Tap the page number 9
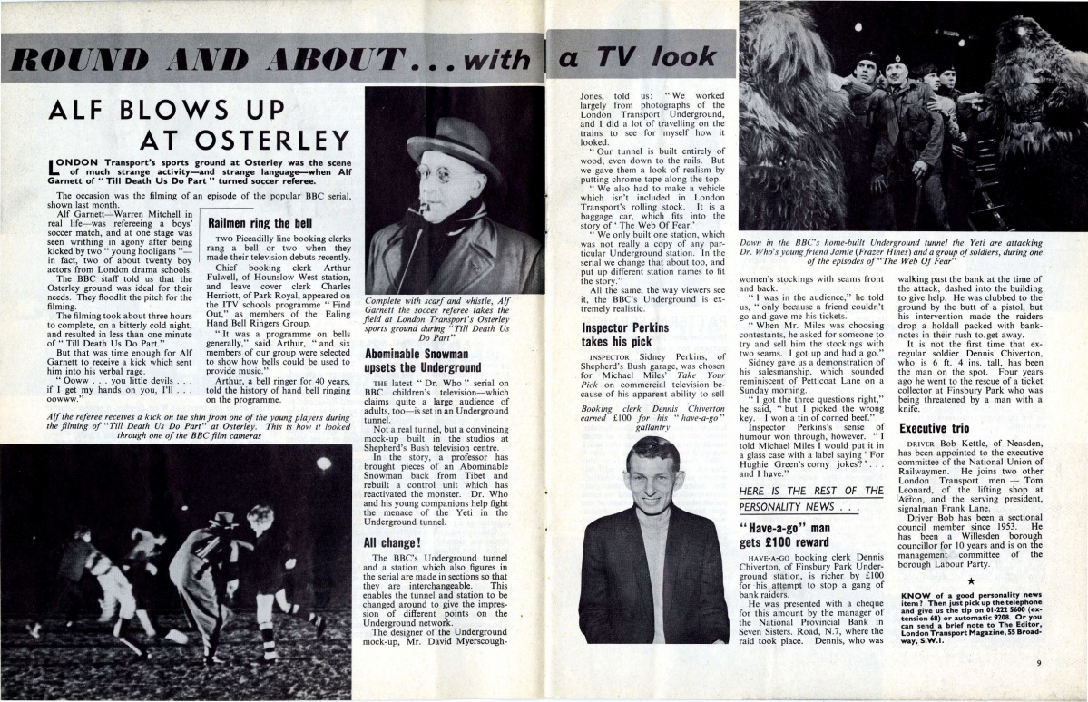pos(1039,663)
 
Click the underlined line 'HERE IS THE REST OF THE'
pos(810,491)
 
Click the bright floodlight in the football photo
pos(323,463)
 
